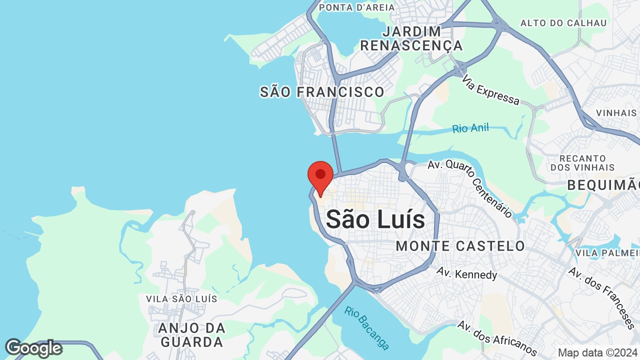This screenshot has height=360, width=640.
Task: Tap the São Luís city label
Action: click(x=375, y=220)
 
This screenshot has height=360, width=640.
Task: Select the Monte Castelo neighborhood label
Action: click(x=460, y=246)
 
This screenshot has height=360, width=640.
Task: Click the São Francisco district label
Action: click(x=322, y=92)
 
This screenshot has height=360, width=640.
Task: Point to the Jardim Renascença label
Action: click(x=411, y=38)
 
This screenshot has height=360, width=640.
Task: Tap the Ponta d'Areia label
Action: click(x=356, y=7)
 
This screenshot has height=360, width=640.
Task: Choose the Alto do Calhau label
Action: click(x=563, y=23)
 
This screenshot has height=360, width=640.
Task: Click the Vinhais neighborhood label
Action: click(x=616, y=113)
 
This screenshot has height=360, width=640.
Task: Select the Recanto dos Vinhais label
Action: click(x=582, y=162)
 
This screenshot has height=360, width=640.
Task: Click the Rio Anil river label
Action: click(x=470, y=128)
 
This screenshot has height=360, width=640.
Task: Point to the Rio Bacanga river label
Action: click(x=366, y=328)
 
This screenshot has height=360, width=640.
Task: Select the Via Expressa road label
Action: click(x=490, y=90)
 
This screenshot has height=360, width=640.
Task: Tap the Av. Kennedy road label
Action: click(x=466, y=273)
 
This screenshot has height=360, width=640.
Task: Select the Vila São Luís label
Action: click(x=181, y=298)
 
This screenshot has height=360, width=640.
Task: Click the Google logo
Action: click(x=33, y=348)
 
